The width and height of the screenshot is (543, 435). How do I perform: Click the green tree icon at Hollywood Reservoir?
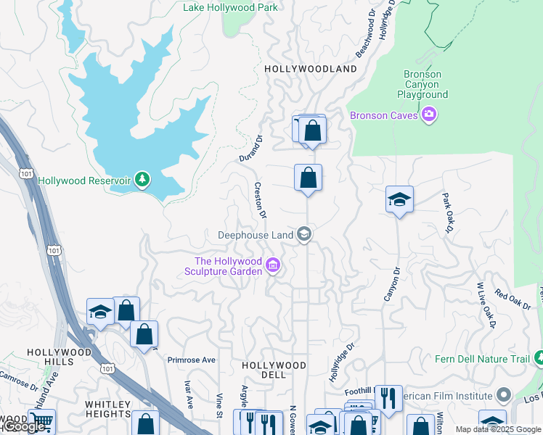pos(143,180)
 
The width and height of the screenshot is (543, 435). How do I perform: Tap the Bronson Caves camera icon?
pos(429,115)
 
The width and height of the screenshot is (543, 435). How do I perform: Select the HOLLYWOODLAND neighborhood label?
pos(311,69)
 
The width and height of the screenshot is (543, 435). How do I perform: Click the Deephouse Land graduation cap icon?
pos(305,234)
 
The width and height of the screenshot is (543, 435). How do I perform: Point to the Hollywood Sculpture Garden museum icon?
pos(273,266)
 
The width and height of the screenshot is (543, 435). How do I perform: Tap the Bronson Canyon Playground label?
pos(422,84)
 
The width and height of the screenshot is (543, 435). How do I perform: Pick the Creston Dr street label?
pos(260,199)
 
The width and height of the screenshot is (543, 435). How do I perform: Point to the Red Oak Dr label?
pos(513,300)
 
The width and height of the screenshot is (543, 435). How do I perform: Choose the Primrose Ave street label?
pos(192,360)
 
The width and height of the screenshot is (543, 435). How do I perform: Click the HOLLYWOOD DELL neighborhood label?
pos(274,365)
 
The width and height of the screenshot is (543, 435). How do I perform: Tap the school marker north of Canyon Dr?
pos(399,199)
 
